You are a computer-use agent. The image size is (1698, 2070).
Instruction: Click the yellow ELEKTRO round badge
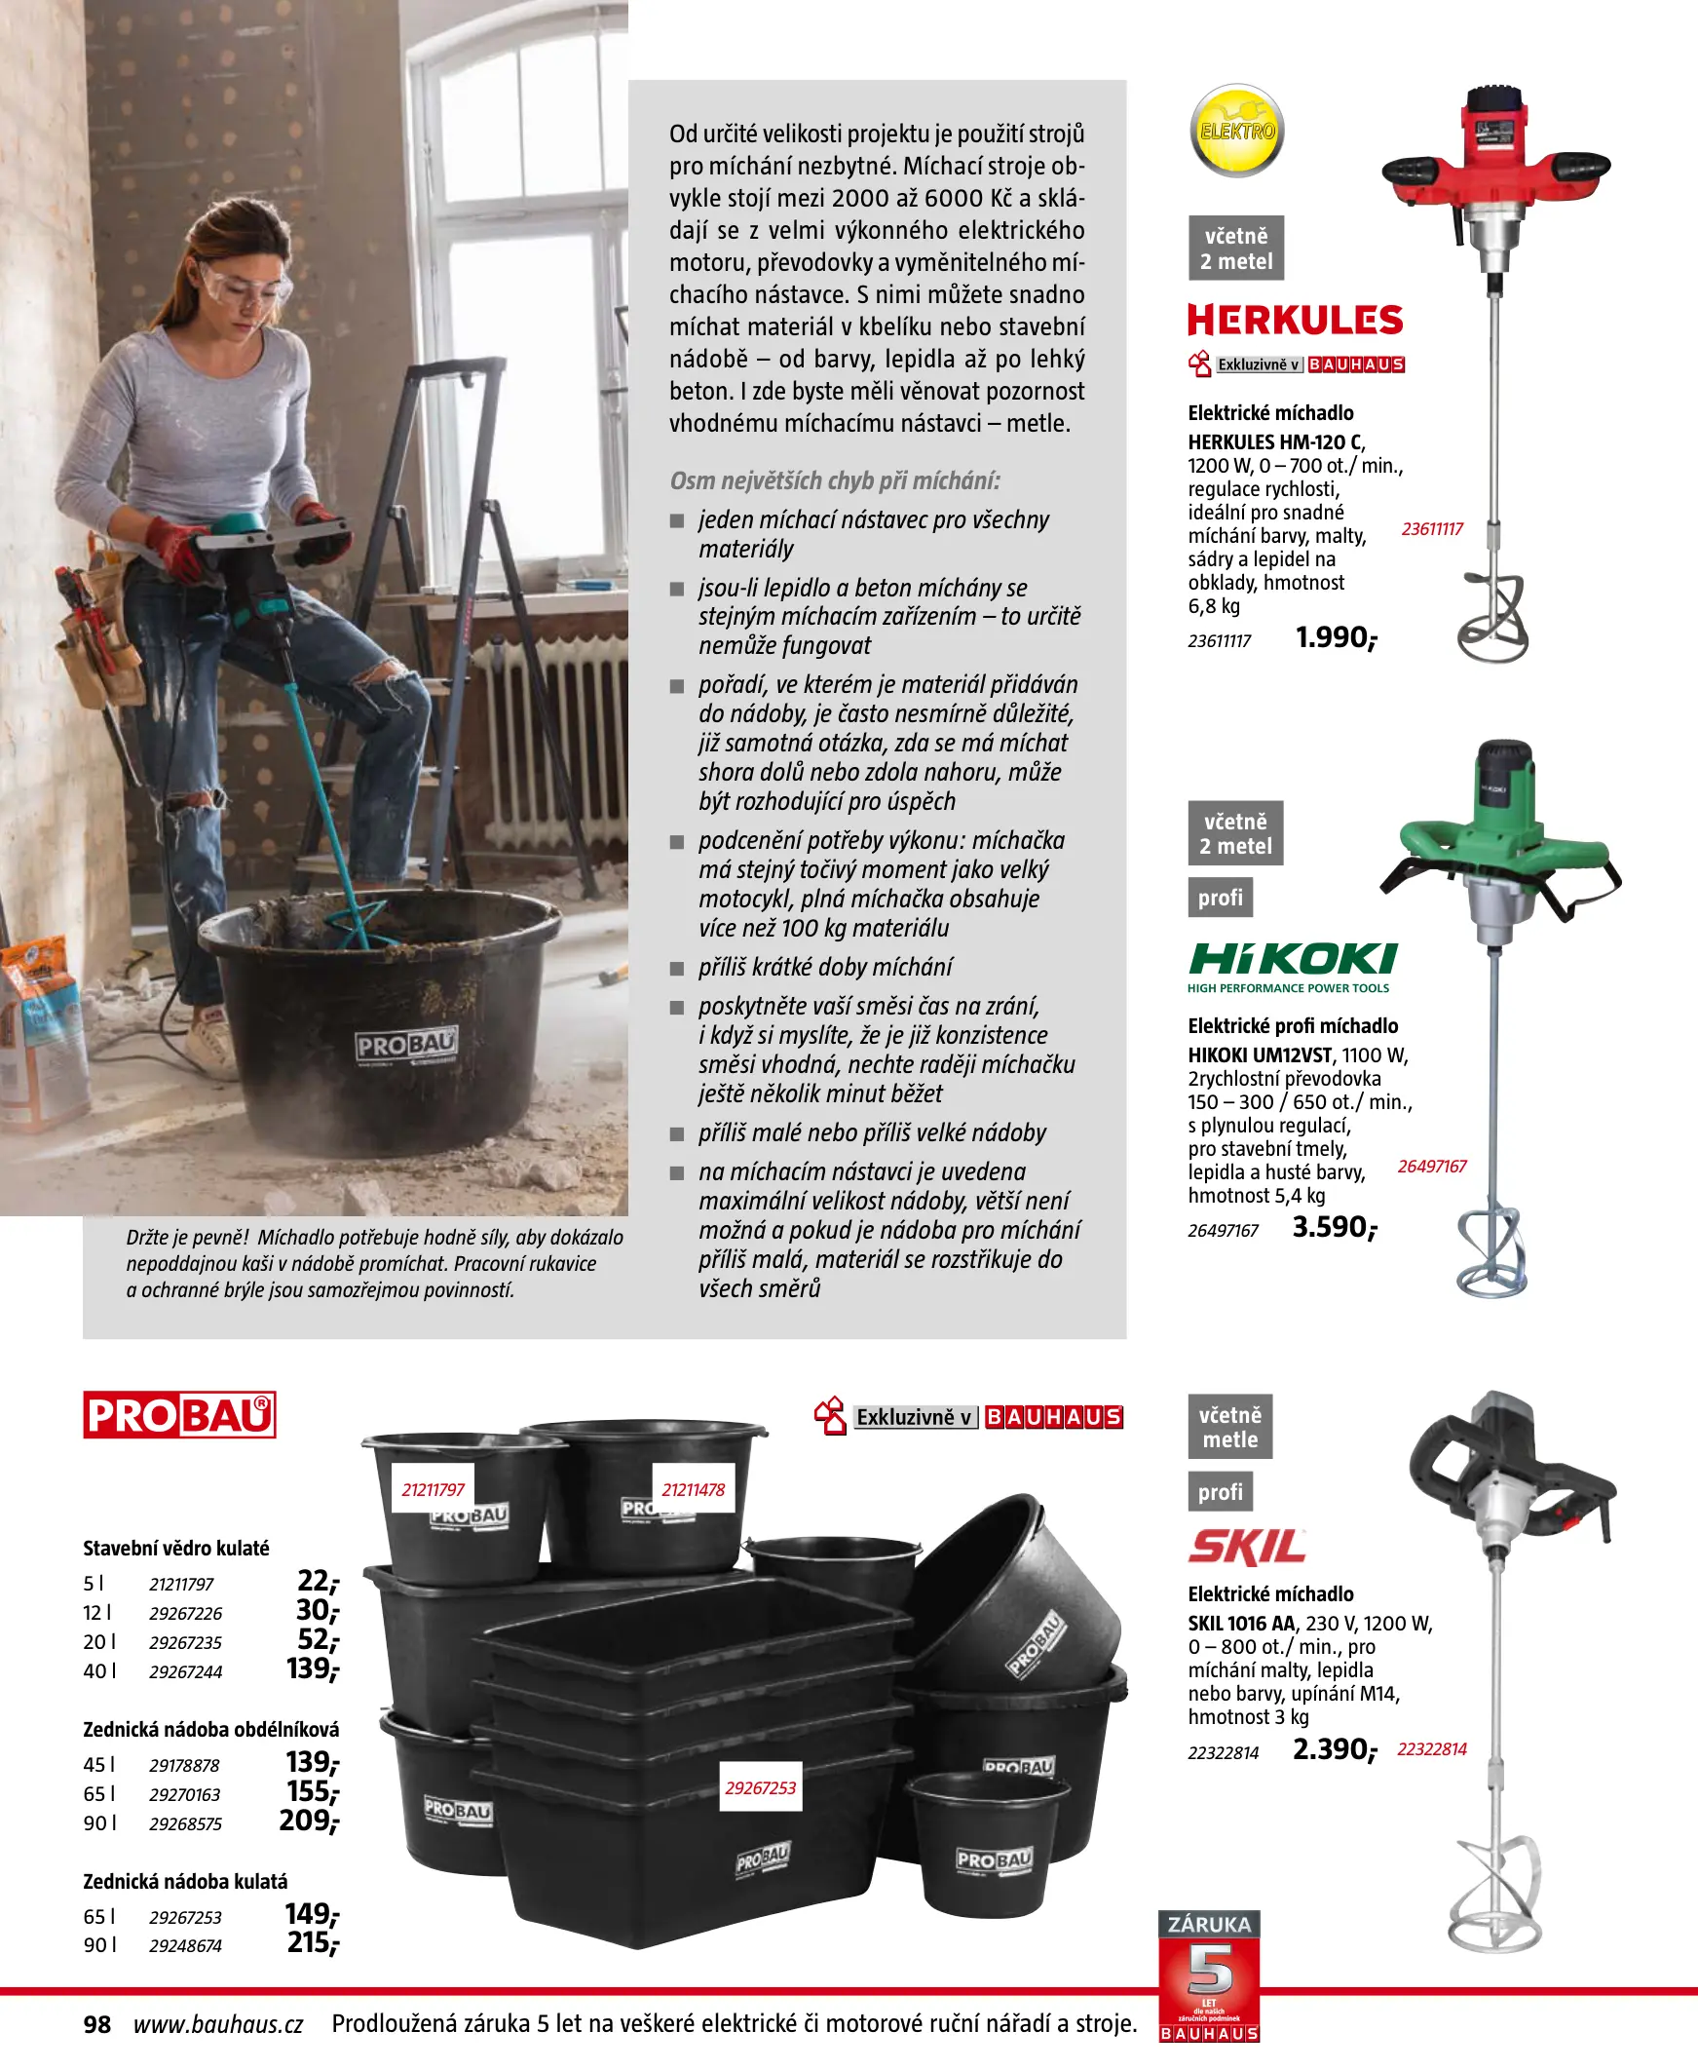(x=1236, y=132)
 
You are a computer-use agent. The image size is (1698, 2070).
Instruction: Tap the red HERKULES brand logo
(x=1295, y=320)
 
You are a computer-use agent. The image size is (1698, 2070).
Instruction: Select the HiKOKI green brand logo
(x=1292, y=960)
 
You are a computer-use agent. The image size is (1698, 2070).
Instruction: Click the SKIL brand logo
(x=1247, y=1547)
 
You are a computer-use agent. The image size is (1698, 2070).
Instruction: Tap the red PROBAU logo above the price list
(x=179, y=1414)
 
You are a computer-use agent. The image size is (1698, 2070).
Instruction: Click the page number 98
(x=96, y=2024)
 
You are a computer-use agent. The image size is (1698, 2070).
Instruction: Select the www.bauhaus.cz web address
(x=218, y=2024)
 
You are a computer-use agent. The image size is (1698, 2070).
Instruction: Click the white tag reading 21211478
(x=694, y=1490)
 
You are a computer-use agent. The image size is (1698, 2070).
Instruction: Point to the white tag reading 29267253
(x=760, y=1787)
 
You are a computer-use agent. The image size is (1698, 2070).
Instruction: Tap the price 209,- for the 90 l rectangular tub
(x=309, y=1821)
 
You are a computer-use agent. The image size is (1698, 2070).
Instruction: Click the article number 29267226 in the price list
(x=186, y=1613)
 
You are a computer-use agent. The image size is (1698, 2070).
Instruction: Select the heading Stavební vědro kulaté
(x=176, y=1548)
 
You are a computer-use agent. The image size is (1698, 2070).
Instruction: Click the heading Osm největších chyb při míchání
(x=834, y=480)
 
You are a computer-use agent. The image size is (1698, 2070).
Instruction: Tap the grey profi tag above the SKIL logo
(x=1220, y=1492)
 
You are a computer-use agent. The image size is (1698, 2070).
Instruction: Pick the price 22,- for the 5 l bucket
(x=318, y=1581)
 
